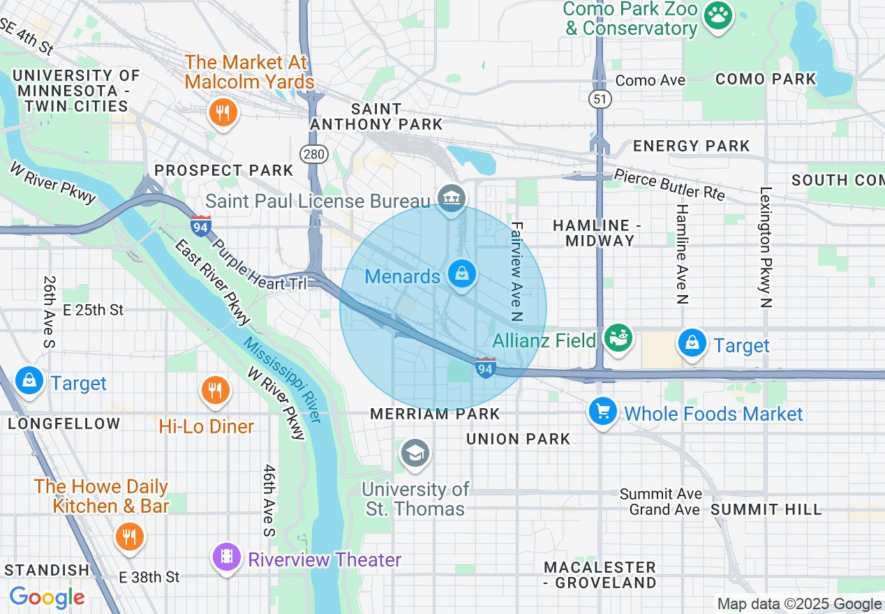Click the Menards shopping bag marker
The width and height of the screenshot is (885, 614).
coord(461,274)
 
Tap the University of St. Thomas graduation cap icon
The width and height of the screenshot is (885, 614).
coord(415,454)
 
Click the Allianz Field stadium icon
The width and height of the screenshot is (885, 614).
coord(618,338)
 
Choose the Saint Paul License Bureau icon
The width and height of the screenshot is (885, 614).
coord(452,198)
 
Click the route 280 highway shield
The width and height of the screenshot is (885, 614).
coord(315,154)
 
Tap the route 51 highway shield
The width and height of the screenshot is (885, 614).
coord(599,99)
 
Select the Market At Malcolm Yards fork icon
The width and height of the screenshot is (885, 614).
coord(223,112)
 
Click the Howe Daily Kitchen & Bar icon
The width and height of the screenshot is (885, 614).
coord(130,536)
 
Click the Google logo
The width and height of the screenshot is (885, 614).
coord(47,597)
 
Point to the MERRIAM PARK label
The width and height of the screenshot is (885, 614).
coord(435,414)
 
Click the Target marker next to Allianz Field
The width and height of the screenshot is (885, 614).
coord(692,343)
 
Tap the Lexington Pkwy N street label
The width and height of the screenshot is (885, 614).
coord(766,247)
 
